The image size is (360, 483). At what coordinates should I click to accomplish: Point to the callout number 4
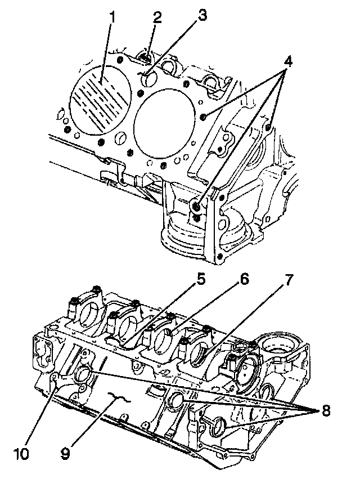288,61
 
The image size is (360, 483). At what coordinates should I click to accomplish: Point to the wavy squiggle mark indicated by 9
120,398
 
